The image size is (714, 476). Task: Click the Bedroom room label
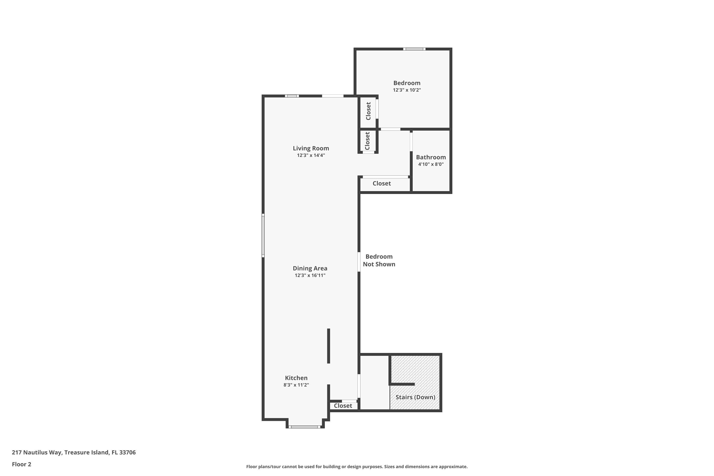click(407, 83)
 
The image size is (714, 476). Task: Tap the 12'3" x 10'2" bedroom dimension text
click(407, 90)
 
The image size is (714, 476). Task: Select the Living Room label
click(311, 148)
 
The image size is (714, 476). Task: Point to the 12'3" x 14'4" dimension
click(311, 155)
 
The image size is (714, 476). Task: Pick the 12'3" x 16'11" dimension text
click(310, 275)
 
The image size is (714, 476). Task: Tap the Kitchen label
click(296, 378)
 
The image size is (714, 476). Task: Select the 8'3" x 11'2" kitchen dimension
click(296, 385)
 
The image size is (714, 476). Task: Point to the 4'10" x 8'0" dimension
click(431, 164)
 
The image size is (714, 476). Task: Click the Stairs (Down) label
click(415, 397)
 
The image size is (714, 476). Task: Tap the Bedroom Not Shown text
click(379, 260)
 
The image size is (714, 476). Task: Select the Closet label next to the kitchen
click(343, 406)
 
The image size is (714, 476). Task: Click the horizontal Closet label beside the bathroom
click(381, 183)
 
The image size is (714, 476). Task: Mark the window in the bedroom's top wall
click(414, 49)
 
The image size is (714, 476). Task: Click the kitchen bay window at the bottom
click(304, 427)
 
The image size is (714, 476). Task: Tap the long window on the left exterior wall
click(263, 236)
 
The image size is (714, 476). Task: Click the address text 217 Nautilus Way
click(74, 452)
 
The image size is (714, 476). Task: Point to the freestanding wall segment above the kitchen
click(328, 346)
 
